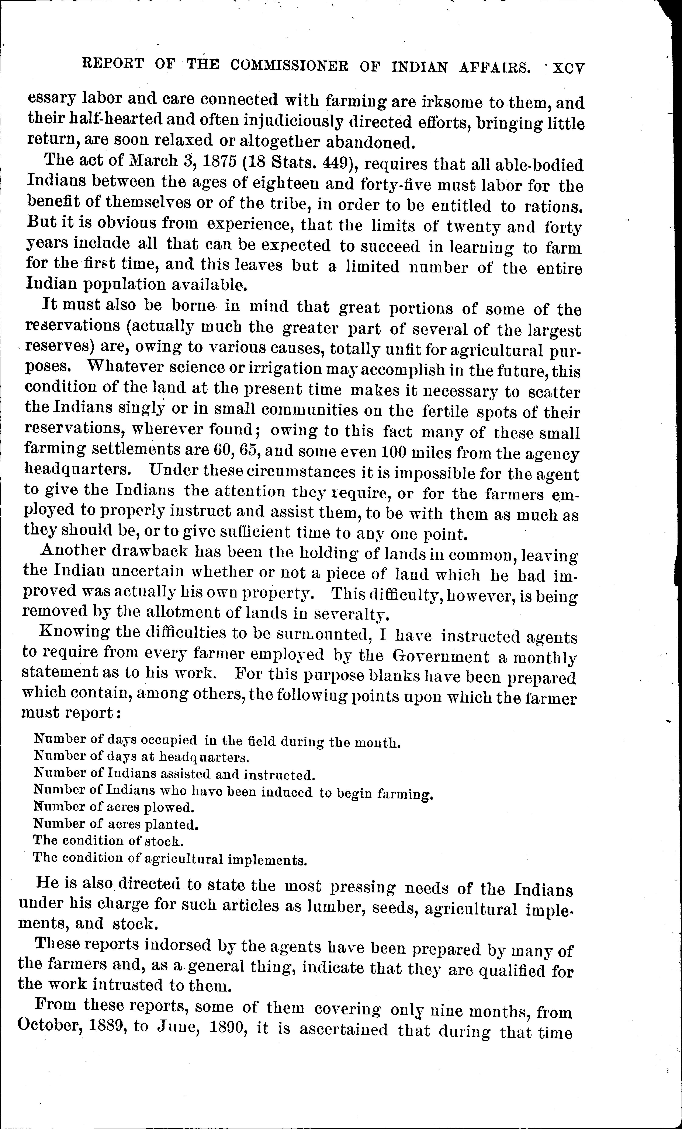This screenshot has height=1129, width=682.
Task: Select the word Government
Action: point(441,657)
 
